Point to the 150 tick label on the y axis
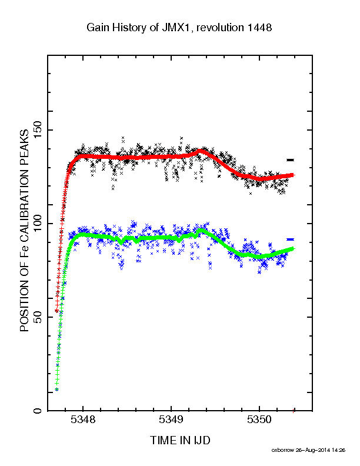click(x=38, y=130)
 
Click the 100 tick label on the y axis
click(x=38, y=224)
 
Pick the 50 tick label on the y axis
click(x=38, y=317)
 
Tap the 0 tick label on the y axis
click(x=38, y=411)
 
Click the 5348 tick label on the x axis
click(x=83, y=420)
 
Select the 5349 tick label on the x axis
click(x=171, y=420)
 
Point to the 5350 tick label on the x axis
click(x=259, y=420)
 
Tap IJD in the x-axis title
click(x=202, y=440)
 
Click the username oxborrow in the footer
click(x=282, y=450)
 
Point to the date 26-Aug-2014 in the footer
click(x=312, y=450)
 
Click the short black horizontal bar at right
click(x=290, y=160)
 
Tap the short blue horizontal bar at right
click(x=290, y=239)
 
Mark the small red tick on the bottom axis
click(x=294, y=411)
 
